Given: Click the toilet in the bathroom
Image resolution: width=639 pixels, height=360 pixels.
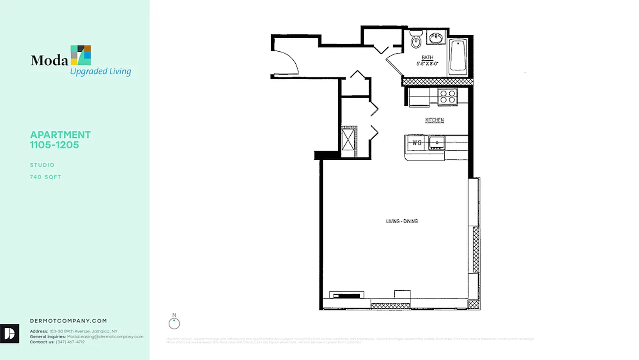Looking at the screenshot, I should [416, 40].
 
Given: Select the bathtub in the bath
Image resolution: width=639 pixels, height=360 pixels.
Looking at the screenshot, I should [458, 56].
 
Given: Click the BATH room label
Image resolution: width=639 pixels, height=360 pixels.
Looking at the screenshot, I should [427, 58].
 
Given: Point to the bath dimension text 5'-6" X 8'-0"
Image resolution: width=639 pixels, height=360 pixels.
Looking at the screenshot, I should [427, 64].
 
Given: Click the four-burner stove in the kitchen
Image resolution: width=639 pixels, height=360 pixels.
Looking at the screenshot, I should [447, 97].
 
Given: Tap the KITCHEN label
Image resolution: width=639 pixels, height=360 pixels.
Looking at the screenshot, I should [434, 120].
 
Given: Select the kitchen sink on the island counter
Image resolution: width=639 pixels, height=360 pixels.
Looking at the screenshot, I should [436, 143].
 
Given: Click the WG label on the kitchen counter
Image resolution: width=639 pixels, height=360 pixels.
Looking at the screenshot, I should [417, 143].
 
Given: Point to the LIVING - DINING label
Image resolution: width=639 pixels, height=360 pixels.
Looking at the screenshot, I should [402, 221].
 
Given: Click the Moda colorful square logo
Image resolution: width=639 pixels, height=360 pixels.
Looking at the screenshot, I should [80, 55].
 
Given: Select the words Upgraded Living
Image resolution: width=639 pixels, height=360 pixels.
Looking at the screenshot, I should [100, 71].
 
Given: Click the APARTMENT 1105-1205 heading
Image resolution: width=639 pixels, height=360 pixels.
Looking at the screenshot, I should [60, 139].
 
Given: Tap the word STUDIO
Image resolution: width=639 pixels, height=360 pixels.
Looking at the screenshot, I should [42, 165].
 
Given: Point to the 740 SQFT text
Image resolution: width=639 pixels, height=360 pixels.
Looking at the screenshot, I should [45, 177].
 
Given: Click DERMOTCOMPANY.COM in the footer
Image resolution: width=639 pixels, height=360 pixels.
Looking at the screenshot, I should [68, 321].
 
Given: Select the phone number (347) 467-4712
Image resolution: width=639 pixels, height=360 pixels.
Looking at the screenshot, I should [70, 342].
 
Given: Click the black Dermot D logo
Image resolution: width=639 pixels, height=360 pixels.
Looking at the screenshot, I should [9, 333].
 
